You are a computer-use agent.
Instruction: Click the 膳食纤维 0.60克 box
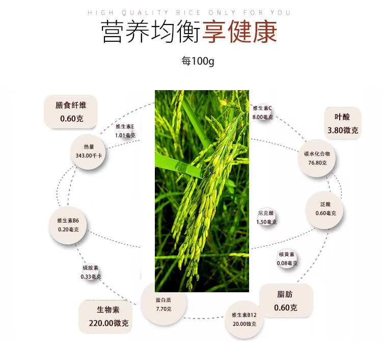(x=71, y=112)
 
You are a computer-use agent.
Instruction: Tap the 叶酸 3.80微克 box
(x=343, y=123)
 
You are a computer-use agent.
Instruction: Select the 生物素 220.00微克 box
(x=105, y=316)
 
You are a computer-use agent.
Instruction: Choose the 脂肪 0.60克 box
(x=285, y=301)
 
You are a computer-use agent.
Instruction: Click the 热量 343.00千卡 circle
(x=89, y=151)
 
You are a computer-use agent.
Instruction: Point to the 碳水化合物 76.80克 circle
(x=317, y=158)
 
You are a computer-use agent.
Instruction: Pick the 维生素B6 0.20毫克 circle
(x=68, y=225)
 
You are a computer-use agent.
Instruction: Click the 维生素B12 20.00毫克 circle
(x=244, y=319)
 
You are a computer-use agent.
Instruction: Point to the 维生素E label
(x=125, y=126)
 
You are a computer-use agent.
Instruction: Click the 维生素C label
(x=263, y=108)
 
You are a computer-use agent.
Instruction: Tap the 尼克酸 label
(x=266, y=213)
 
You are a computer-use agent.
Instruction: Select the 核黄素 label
(x=287, y=255)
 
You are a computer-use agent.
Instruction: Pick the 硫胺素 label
(x=91, y=268)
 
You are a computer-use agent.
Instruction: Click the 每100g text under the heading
(x=198, y=61)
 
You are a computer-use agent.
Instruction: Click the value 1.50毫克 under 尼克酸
(x=266, y=222)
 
